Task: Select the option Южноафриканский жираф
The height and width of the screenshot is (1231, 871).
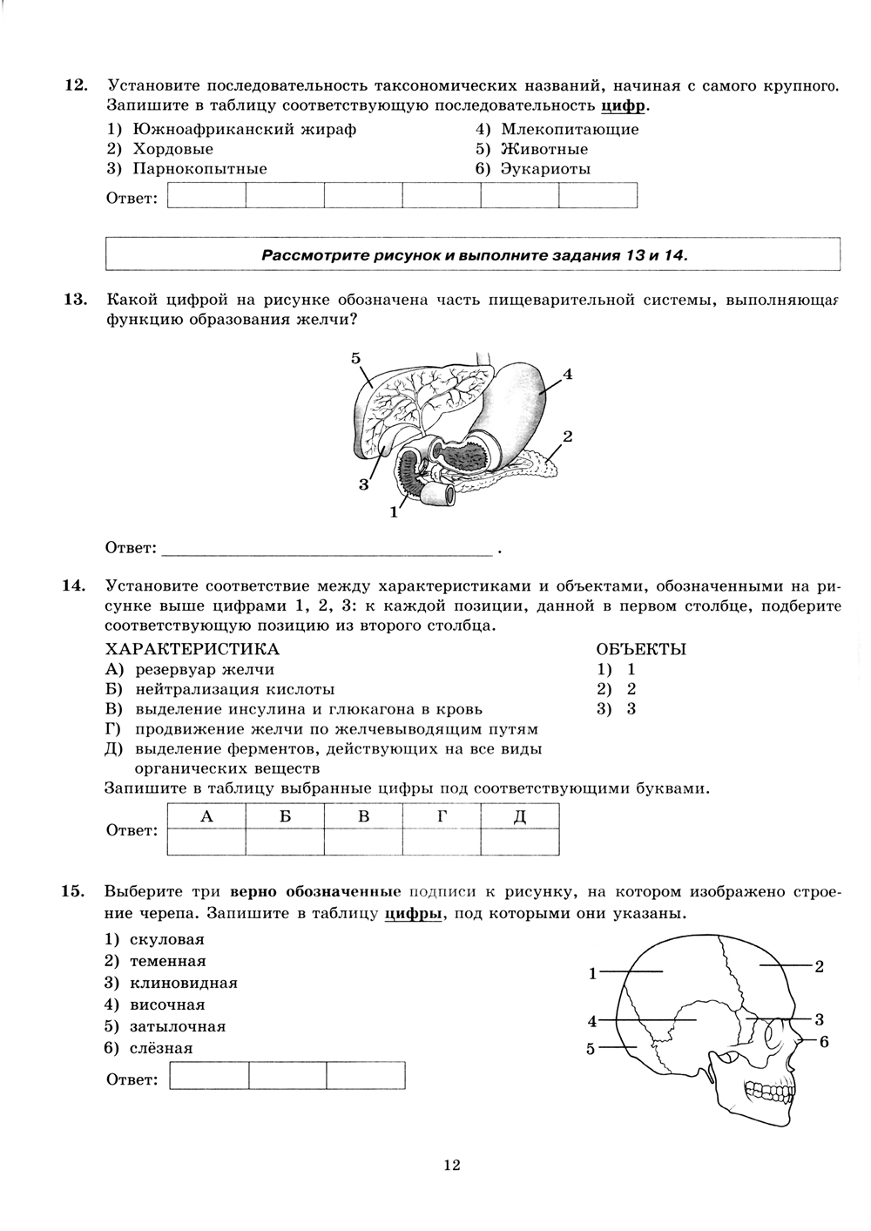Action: (x=245, y=129)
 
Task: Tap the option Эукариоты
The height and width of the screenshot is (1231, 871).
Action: (x=545, y=169)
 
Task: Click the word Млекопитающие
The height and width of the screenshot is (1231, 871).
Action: (x=570, y=129)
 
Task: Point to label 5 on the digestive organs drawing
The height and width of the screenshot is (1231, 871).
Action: (x=355, y=358)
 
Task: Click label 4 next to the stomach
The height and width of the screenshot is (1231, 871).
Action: (x=567, y=375)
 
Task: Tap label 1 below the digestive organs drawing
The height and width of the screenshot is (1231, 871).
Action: (x=394, y=512)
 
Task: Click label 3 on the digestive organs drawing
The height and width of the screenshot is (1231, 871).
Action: (x=364, y=484)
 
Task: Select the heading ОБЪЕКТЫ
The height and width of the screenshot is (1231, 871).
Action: (x=640, y=649)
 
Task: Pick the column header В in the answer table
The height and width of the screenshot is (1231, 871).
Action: (x=363, y=816)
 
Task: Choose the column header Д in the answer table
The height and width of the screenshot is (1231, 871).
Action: (x=520, y=816)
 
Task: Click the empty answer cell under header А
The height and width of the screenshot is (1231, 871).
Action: (x=206, y=842)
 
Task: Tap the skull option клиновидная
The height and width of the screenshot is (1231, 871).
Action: (x=183, y=983)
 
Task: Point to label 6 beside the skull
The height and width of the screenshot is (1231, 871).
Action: (x=824, y=1041)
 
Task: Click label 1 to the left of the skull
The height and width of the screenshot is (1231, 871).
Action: (x=592, y=973)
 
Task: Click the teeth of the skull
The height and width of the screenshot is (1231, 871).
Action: (x=766, y=1089)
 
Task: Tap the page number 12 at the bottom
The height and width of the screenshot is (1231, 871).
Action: (x=451, y=1166)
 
